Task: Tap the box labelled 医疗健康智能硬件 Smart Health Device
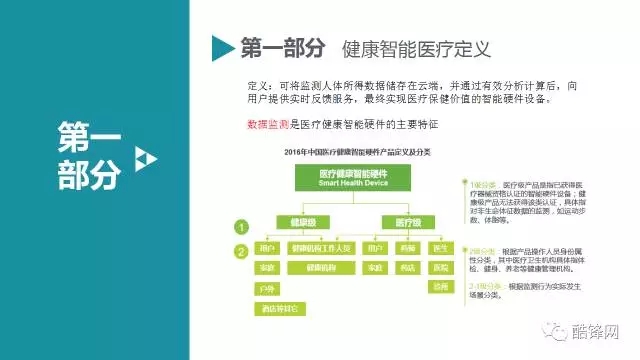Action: click(340, 178)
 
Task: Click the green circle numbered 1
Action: click(239, 227)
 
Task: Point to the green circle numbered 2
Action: click(239, 252)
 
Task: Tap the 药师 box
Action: click(407, 247)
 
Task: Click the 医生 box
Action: click(440, 247)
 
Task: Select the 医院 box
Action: click(440, 268)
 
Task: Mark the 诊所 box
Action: click(440, 288)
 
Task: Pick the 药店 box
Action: click(407, 268)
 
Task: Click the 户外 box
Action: click(266, 288)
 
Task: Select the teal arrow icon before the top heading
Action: click(221, 47)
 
